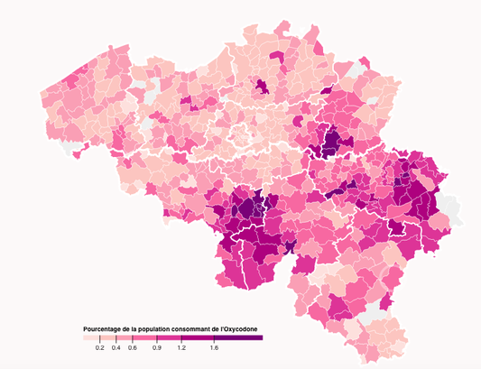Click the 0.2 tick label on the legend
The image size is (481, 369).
click(99, 347)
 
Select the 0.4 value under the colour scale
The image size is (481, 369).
click(116, 347)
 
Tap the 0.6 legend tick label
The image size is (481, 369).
click(133, 347)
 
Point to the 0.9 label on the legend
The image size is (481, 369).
click(157, 347)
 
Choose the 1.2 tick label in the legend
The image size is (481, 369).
click(181, 347)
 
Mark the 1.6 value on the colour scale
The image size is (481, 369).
click(214, 347)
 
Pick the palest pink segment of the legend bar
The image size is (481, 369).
click(90, 337)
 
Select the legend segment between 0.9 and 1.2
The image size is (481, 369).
click(169, 337)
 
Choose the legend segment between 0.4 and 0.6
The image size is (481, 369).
click(125, 337)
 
